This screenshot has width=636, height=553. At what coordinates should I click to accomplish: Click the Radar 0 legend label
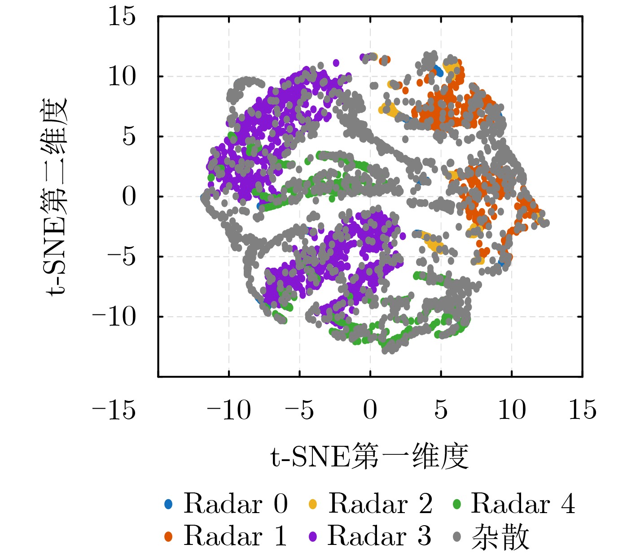[x=235, y=504]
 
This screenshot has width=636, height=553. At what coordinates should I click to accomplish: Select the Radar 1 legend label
[x=235, y=536]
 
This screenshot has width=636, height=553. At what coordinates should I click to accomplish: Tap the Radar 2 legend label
[x=380, y=504]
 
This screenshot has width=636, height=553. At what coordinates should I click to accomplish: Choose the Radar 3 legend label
[x=379, y=536]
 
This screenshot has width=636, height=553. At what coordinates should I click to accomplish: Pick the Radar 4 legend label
[x=523, y=504]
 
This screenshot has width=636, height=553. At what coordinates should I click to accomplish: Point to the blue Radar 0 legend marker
[x=168, y=504]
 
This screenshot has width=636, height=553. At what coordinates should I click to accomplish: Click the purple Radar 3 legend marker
[x=313, y=536]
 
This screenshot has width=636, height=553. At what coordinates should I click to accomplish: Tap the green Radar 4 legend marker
[x=457, y=504]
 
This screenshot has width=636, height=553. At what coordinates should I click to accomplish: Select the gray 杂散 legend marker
[x=457, y=536]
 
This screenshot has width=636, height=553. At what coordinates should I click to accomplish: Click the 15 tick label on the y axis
[x=122, y=17]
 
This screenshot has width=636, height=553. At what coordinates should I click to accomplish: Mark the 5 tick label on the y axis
[x=129, y=136]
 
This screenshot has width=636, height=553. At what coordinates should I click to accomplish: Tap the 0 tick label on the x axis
[x=370, y=409]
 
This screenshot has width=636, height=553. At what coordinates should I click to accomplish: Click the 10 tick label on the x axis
[x=512, y=409]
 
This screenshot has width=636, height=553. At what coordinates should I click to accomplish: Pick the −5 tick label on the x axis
[x=299, y=409]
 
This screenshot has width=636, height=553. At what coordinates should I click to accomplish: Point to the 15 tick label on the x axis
[x=582, y=409]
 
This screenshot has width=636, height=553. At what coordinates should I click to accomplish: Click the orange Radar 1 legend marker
[x=168, y=536]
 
